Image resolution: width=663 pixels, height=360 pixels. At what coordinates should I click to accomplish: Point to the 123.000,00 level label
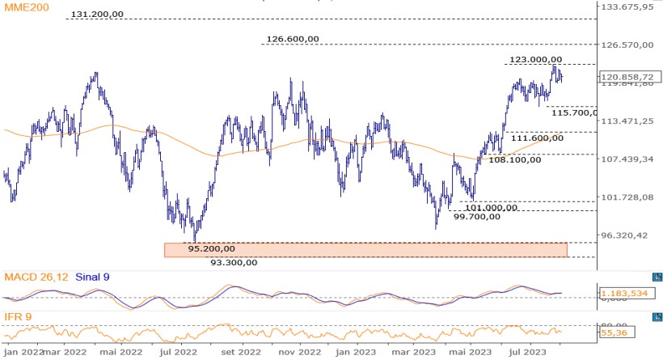[x=536, y=59]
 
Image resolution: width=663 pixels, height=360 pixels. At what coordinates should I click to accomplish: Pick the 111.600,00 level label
[x=536, y=138]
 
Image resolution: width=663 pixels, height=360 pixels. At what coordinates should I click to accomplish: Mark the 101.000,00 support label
[x=491, y=207]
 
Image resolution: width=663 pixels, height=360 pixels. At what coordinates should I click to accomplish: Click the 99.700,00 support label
[x=482, y=217]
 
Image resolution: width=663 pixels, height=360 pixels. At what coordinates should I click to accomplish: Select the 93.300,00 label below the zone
[x=234, y=262]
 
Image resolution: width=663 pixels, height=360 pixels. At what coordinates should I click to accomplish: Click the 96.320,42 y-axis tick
[x=626, y=235]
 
